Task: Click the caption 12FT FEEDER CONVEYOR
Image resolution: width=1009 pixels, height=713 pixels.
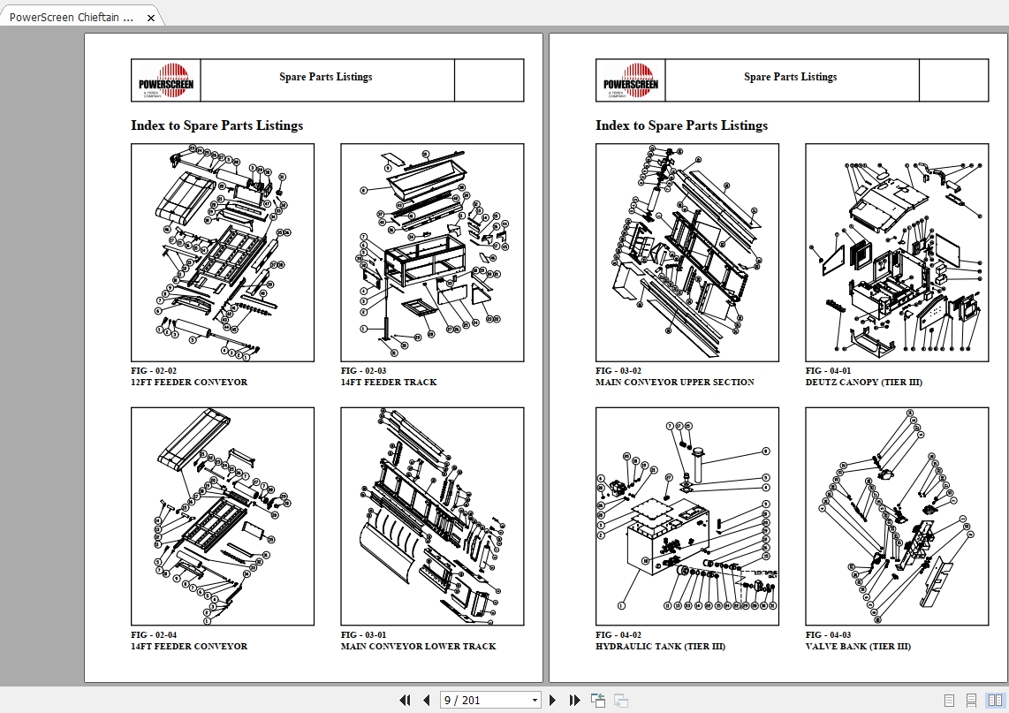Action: click(x=189, y=383)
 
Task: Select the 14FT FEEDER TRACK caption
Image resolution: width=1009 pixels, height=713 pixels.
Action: click(x=389, y=383)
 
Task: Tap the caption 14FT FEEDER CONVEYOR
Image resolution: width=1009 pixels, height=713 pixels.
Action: click(x=189, y=647)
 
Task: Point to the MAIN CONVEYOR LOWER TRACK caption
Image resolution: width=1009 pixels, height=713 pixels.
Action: click(x=418, y=647)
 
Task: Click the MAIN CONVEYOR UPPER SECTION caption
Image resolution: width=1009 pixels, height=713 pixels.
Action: click(x=674, y=383)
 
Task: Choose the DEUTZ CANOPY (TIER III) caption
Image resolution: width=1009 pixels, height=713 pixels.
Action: click(x=863, y=383)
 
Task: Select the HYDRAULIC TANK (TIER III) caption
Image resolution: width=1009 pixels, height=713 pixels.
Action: click(x=660, y=647)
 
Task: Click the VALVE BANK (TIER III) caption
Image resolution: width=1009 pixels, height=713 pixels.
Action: click(x=857, y=647)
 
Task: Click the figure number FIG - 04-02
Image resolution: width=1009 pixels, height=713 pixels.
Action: click(x=618, y=635)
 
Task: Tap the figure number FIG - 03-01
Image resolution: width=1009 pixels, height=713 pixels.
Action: click(x=364, y=635)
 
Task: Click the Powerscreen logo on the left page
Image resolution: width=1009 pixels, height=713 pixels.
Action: click(x=166, y=80)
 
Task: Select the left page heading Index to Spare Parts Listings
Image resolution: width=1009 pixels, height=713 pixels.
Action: click(x=216, y=125)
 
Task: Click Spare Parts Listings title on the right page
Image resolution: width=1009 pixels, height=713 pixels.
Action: click(x=790, y=77)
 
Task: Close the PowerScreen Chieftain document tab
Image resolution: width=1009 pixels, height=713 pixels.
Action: click(x=151, y=18)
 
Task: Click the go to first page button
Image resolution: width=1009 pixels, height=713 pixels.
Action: click(x=406, y=701)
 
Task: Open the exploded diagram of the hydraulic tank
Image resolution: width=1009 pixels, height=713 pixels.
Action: click(x=687, y=516)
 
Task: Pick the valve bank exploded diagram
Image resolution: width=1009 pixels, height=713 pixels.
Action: click(x=897, y=516)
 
